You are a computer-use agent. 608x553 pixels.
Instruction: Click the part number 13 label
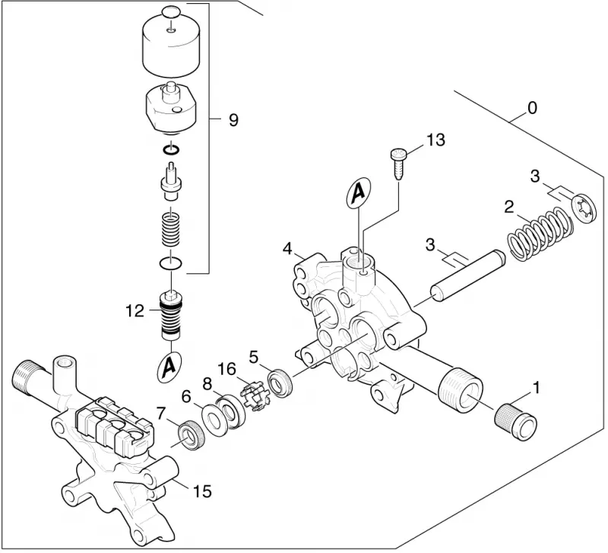[435, 140]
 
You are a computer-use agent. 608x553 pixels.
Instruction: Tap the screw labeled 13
[397, 164]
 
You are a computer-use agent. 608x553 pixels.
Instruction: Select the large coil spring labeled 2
[540, 234]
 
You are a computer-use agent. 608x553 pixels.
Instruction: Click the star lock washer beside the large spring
[584, 209]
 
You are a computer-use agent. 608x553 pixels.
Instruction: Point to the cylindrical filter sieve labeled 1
[516, 422]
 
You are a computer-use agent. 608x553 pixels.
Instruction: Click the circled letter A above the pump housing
[358, 193]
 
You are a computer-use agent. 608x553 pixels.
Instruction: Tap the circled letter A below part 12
[169, 366]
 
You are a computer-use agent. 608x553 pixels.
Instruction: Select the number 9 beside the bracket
[233, 120]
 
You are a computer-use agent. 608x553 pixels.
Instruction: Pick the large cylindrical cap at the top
[172, 46]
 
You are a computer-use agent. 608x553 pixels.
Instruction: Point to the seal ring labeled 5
[279, 384]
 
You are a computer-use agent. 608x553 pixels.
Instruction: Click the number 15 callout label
[202, 491]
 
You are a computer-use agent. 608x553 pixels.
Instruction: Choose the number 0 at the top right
[533, 108]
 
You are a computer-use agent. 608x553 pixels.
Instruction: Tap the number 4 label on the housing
[287, 249]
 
